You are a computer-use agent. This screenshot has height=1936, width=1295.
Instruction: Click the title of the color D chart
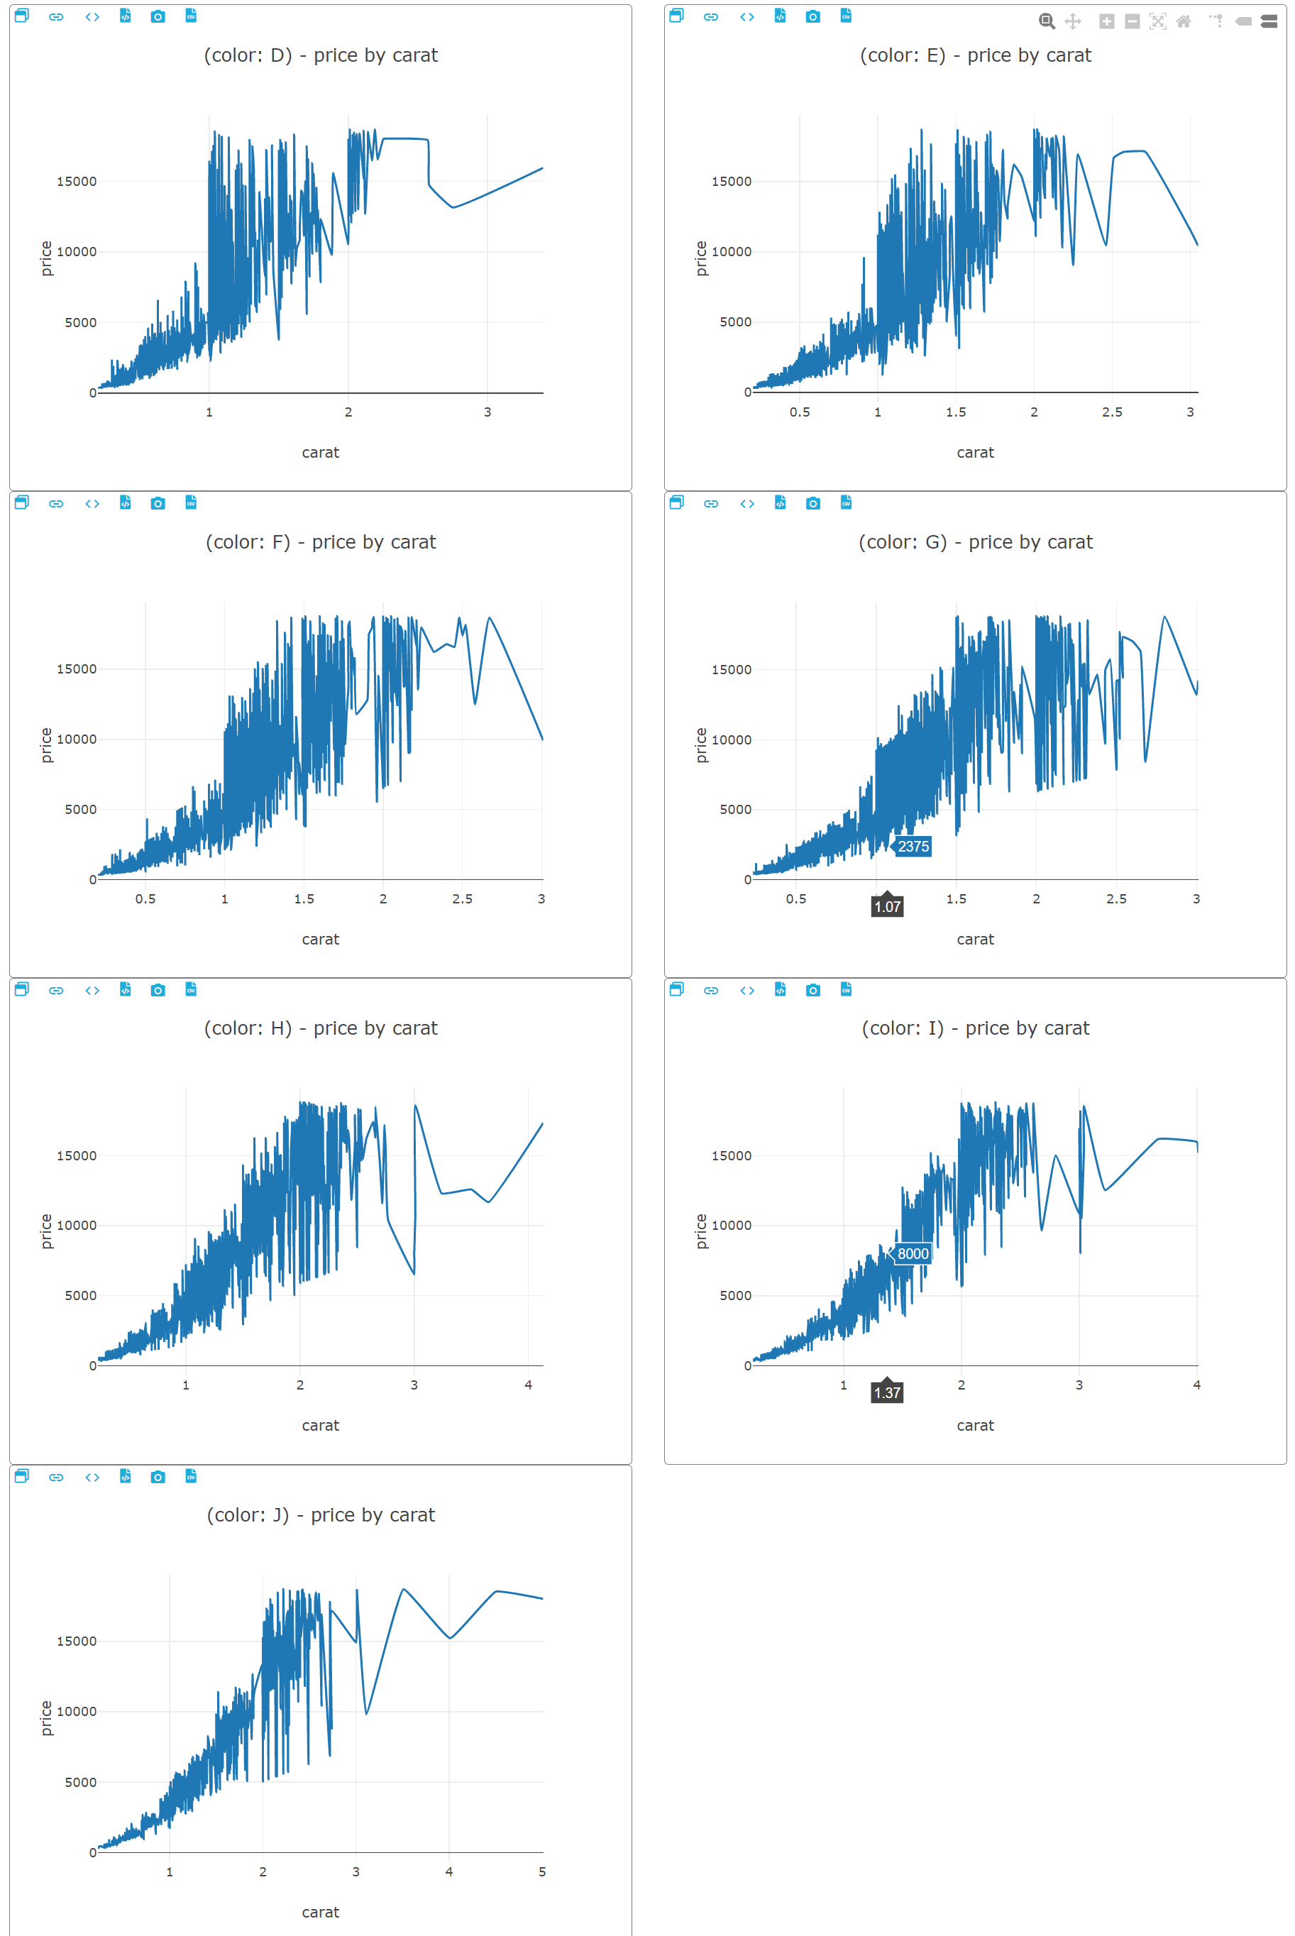[321, 55]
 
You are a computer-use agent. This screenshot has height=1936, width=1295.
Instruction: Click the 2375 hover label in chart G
[913, 846]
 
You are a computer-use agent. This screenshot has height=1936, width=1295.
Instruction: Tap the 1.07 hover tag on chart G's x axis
[887, 906]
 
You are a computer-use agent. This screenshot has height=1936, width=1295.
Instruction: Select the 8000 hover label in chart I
[913, 1253]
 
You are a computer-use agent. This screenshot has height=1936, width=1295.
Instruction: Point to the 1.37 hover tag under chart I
[887, 1392]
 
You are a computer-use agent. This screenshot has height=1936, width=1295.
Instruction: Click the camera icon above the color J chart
[158, 1477]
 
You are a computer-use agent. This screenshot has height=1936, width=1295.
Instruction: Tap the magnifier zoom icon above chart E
[1047, 21]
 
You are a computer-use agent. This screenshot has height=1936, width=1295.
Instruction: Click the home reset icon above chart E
[1184, 21]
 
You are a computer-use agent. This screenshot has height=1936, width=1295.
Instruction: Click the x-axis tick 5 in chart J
[542, 1871]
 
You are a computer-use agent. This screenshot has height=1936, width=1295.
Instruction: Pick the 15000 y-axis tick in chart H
[76, 1155]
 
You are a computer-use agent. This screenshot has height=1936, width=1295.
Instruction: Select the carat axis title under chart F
[321, 939]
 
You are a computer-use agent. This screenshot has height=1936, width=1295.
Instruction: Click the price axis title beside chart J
[46, 1718]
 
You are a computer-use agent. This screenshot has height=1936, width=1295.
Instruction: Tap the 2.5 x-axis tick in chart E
[1112, 412]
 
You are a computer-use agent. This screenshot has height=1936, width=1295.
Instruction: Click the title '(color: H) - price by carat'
[321, 1028]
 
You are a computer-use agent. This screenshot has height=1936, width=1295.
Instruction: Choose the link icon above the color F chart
[56, 503]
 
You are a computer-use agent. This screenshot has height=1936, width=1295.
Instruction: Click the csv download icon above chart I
[846, 989]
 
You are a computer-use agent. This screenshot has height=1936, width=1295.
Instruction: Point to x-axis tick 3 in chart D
[487, 412]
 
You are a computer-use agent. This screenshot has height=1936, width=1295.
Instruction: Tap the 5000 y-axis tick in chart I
[735, 1295]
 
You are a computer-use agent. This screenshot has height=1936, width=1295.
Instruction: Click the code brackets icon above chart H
[92, 989]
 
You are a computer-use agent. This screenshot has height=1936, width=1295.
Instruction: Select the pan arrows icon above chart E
[1073, 21]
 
